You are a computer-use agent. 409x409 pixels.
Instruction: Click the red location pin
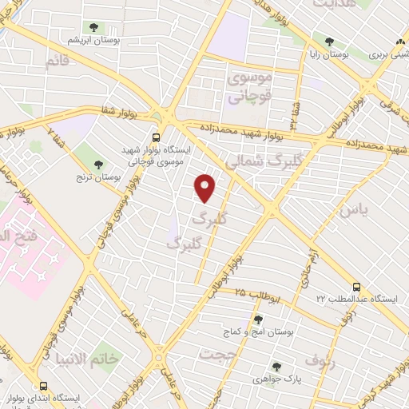point(206,189)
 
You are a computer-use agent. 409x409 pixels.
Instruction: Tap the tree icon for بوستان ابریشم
point(94,28)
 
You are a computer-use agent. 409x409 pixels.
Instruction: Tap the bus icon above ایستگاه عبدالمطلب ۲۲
point(356,286)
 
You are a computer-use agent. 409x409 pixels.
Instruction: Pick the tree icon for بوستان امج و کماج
point(258,320)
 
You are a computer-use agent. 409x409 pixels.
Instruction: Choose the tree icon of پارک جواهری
point(276,367)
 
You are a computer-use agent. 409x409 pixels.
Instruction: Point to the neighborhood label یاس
point(352,210)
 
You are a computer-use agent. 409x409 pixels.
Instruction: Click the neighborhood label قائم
point(58,62)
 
